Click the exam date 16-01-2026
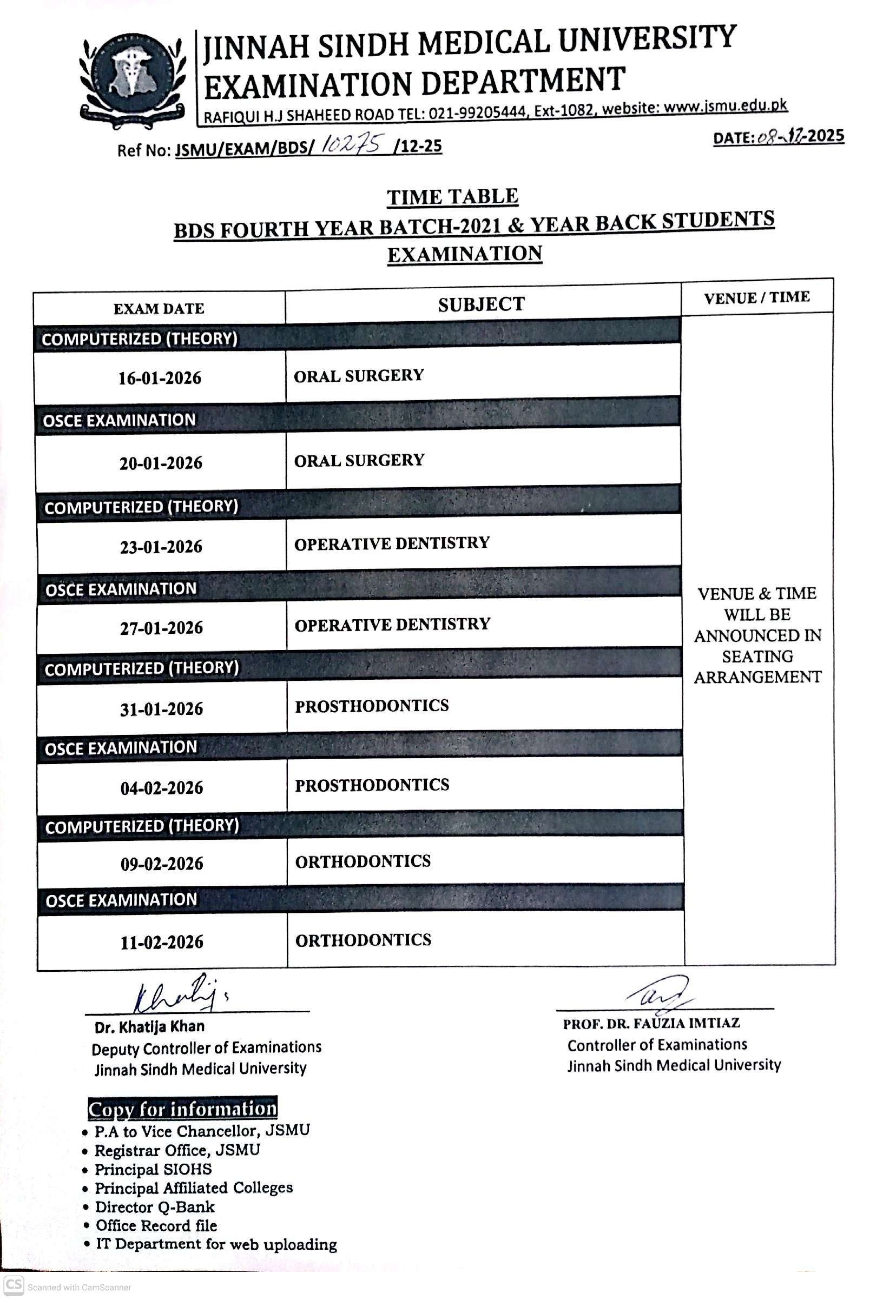click(x=160, y=378)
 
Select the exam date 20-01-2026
click(x=161, y=463)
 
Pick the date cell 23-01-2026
click(x=161, y=547)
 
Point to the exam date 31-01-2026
click(x=162, y=709)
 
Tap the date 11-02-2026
click(x=162, y=942)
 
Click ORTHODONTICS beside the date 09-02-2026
click(x=363, y=861)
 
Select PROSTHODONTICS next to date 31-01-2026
click(x=372, y=706)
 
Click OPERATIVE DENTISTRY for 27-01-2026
click(x=392, y=625)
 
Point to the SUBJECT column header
click(x=481, y=305)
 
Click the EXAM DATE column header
click(x=159, y=309)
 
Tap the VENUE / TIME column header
click(x=756, y=297)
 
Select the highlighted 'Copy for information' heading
click(x=182, y=1109)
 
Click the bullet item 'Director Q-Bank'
click(x=155, y=1206)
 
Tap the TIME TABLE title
click(x=452, y=197)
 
